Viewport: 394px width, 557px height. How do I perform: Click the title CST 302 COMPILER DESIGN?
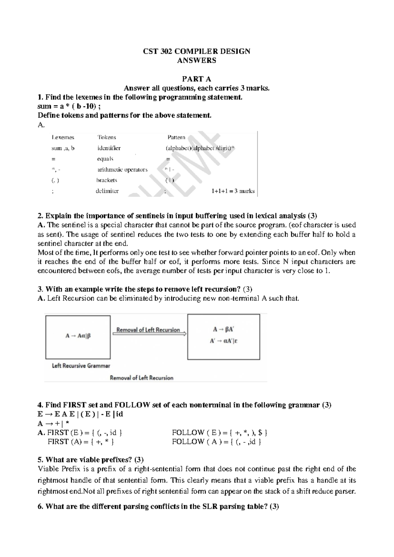click(x=196, y=51)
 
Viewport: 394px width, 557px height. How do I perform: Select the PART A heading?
click(x=196, y=79)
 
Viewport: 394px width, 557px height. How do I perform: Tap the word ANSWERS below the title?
click(x=196, y=60)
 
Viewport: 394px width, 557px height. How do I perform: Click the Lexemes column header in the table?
click(x=63, y=137)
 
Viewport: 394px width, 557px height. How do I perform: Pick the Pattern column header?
click(x=176, y=137)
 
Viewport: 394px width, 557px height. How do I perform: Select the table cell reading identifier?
click(x=109, y=148)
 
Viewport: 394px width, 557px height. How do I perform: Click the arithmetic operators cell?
click(x=122, y=169)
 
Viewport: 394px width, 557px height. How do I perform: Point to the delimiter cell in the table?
click(x=107, y=191)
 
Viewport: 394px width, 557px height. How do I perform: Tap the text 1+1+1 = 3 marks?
click(x=233, y=191)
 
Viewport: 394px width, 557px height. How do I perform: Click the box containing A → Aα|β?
click(x=78, y=337)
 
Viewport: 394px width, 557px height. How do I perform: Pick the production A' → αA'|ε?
click(x=224, y=341)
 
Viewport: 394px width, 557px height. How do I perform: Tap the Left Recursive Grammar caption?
click(x=81, y=366)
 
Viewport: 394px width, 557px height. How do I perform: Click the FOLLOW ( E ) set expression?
click(x=220, y=433)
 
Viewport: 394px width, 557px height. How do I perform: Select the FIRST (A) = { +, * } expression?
click(x=81, y=442)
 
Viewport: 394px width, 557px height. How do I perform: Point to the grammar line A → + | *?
click(x=54, y=423)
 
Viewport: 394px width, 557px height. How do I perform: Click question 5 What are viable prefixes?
click(x=91, y=459)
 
